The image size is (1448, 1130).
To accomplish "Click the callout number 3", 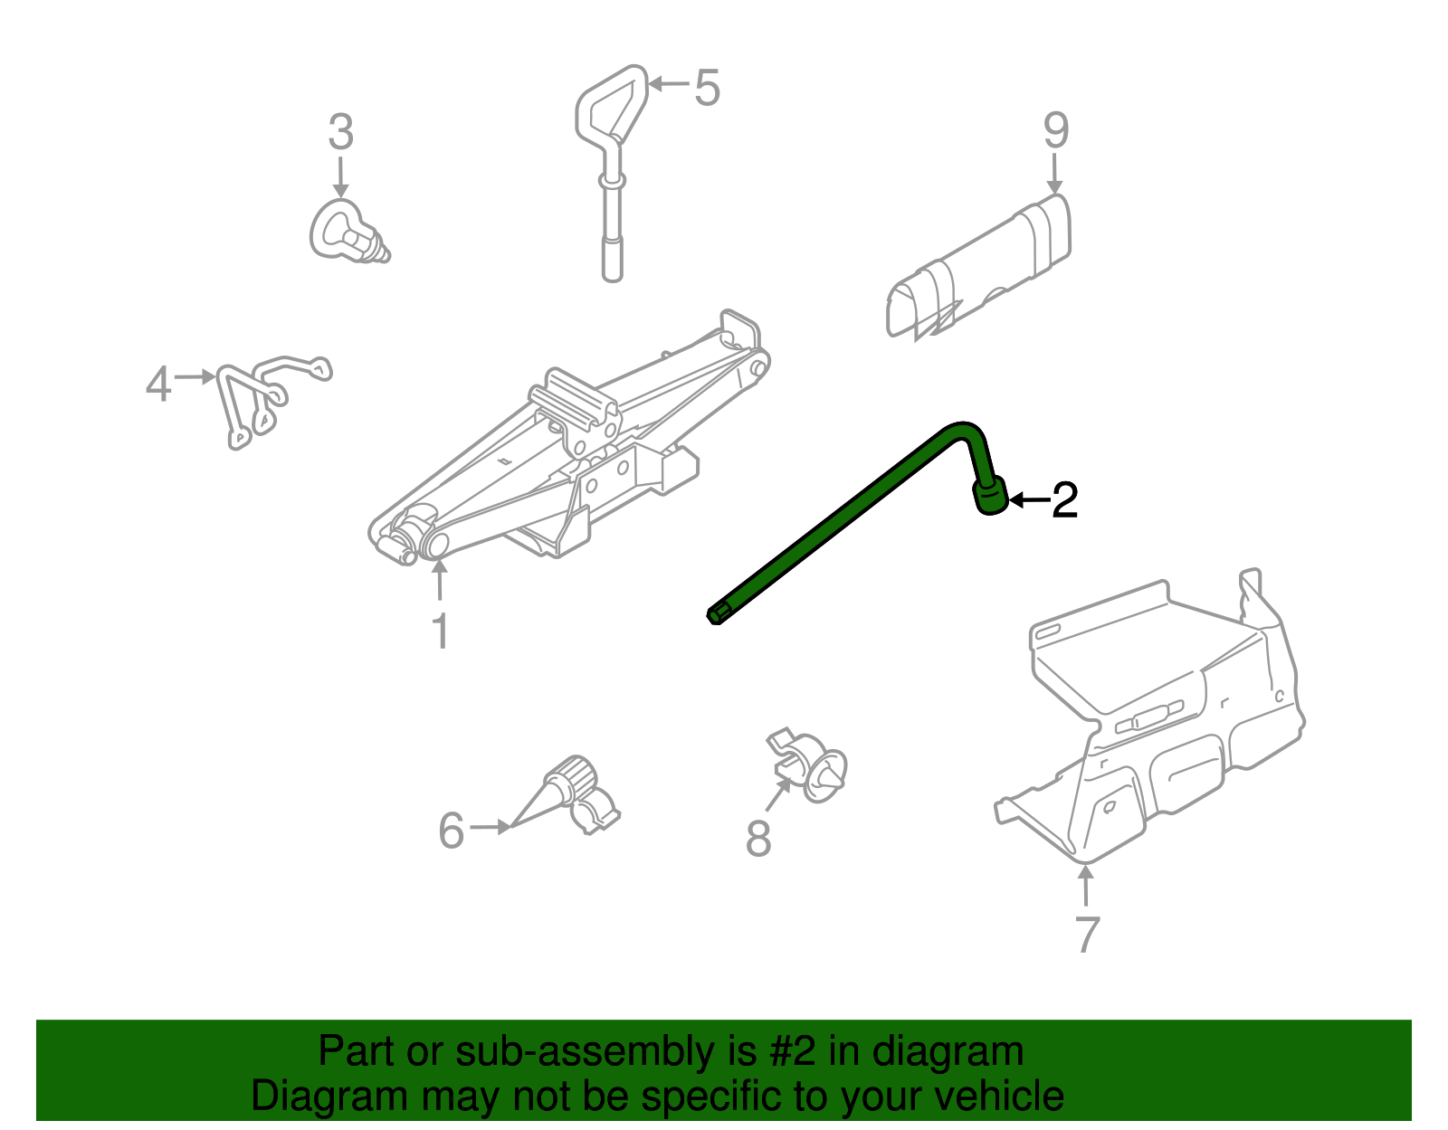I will [340, 133].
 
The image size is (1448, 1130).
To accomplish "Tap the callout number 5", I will [707, 88].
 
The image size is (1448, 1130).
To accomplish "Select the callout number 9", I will [1055, 131].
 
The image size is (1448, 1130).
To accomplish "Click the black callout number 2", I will [1064, 500].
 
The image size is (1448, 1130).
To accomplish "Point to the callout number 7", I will [1087, 934].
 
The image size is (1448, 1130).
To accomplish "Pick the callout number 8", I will [758, 838].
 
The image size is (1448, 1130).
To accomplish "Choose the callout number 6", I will [451, 830].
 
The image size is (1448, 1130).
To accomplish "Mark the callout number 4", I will [157, 385].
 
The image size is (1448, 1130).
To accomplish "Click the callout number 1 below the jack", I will [440, 631].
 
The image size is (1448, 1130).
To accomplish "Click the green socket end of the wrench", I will [990, 497].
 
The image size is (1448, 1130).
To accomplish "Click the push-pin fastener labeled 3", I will [346, 232].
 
